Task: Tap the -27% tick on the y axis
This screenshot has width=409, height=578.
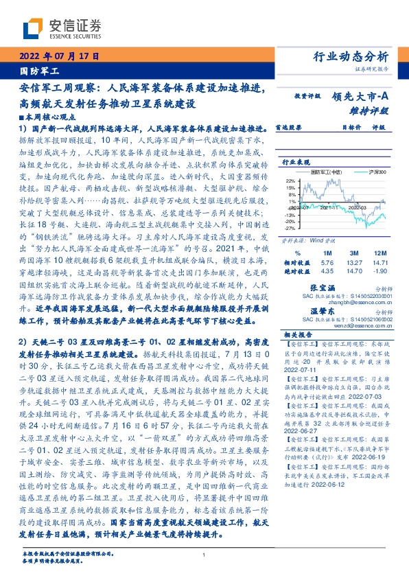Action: (290, 227)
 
